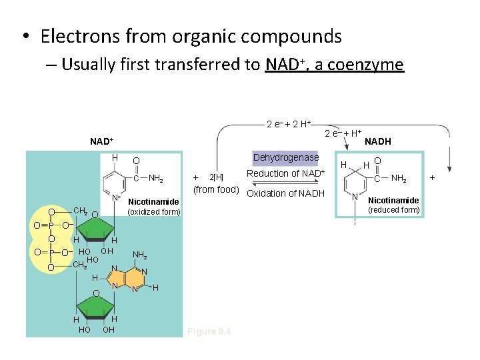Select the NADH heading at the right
pyautogui.click(x=377, y=141)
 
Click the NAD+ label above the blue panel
pyautogui.click(x=102, y=141)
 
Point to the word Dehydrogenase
pyautogui.click(x=286, y=158)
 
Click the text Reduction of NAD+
pyautogui.click(x=285, y=174)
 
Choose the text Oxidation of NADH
pyautogui.click(x=285, y=194)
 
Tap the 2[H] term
pyautogui.click(x=216, y=178)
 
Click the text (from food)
pyautogui.click(x=216, y=190)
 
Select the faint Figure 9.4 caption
pyautogui.click(x=209, y=331)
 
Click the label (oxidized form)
pyautogui.click(x=153, y=212)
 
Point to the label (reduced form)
pyautogui.click(x=394, y=210)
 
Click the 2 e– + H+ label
pyautogui.click(x=343, y=133)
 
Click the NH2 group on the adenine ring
pyautogui.click(x=140, y=255)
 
